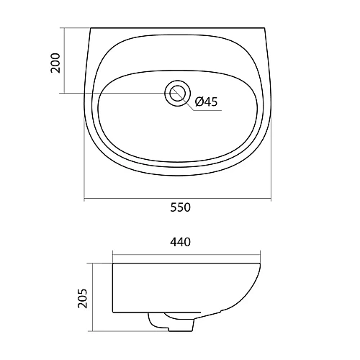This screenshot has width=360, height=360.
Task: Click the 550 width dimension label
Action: (x=181, y=207)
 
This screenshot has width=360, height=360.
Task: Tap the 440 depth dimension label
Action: (x=181, y=242)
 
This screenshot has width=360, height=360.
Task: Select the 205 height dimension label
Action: (x=83, y=298)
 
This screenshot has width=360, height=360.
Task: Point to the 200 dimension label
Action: (x=55, y=63)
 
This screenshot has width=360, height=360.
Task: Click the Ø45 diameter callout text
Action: (x=206, y=102)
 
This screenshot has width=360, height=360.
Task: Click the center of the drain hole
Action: (x=178, y=93)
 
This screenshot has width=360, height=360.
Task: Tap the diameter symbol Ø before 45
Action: (x=199, y=102)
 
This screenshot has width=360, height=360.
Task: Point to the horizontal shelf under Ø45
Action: (x=207, y=111)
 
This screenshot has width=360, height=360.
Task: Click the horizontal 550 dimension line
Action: (x=178, y=199)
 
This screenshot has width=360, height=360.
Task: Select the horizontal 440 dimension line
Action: (x=186, y=255)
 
